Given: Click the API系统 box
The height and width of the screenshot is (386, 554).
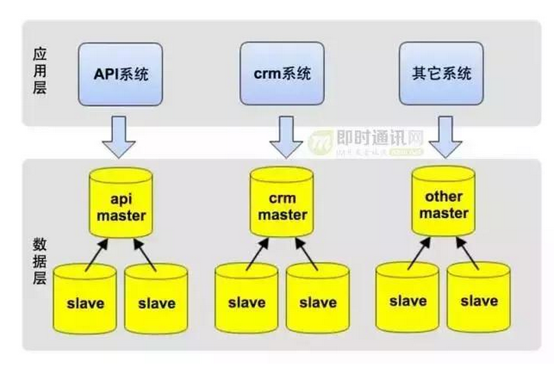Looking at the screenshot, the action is [x=120, y=74].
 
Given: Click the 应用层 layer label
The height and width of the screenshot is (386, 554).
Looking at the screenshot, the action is [x=40, y=71].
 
